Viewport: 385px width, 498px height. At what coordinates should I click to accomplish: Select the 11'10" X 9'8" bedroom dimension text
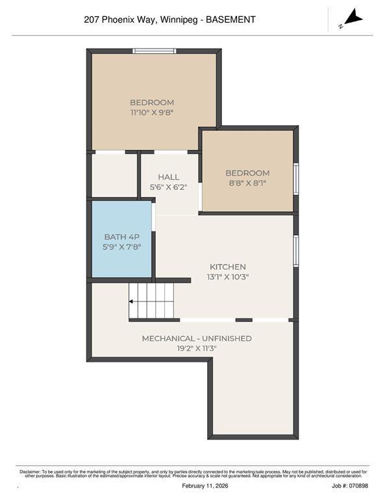152,112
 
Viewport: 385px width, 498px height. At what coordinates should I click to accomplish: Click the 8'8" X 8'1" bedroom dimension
247,183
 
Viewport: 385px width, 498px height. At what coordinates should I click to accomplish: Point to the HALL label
168,177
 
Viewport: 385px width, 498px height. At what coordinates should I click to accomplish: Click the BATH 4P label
121,237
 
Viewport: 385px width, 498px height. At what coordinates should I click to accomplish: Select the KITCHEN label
227,267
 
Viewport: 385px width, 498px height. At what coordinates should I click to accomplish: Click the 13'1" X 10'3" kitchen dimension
227,277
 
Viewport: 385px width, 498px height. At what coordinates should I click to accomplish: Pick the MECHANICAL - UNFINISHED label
197,338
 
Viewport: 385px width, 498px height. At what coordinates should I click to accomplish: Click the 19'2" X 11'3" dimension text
197,348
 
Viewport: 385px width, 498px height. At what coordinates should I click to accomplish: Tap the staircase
153,301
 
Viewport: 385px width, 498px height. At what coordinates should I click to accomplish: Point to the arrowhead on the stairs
132,302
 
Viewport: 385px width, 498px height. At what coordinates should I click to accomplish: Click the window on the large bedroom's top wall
154,51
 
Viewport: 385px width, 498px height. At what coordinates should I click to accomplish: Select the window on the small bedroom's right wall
296,178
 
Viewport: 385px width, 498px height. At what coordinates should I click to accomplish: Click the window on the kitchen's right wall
296,250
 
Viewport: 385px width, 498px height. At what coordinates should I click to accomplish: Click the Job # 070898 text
350,486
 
